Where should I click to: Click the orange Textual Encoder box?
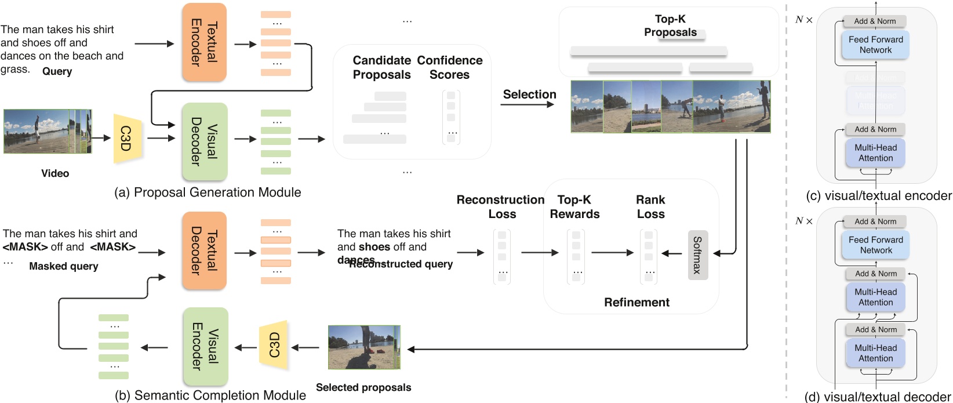(x=203, y=42)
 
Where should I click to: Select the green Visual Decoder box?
(x=203, y=141)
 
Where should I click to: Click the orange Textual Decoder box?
(x=203, y=250)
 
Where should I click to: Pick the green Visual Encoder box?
(x=205, y=347)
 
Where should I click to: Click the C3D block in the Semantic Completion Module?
(x=274, y=346)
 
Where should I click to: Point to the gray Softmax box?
(x=697, y=255)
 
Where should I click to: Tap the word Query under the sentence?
(x=57, y=71)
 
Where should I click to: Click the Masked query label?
(x=63, y=266)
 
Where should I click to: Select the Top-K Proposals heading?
(x=670, y=26)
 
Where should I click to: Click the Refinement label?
(x=636, y=302)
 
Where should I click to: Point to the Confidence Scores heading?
(x=449, y=67)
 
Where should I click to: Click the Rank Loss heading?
(x=650, y=206)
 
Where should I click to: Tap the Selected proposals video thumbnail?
(x=363, y=347)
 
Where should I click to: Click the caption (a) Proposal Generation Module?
(x=208, y=193)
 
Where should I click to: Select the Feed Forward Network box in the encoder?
(x=875, y=45)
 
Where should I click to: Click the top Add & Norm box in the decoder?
(x=875, y=222)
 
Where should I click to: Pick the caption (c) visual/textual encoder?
(x=878, y=196)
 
